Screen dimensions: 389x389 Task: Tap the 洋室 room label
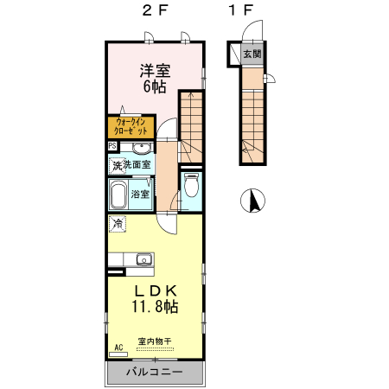click(x=155, y=71)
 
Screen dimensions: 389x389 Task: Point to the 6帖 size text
click(x=155, y=86)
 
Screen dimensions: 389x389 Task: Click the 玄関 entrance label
click(x=252, y=54)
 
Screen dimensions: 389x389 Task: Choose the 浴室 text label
click(x=140, y=194)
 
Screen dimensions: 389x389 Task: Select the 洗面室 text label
click(x=137, y=164)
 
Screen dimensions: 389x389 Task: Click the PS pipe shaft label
click(x=112, y=146)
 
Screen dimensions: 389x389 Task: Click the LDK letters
click(x=155, y=290)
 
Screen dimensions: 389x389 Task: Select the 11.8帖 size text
click(x=155, y=307)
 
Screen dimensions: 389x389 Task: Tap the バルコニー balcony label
click(x=154, y=372)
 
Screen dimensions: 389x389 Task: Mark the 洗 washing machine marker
click(x=116, y=165)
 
